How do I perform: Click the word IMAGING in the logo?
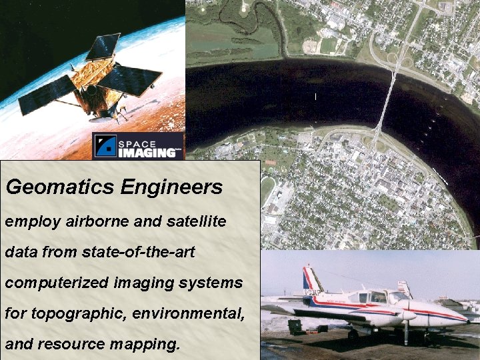pos(149,152)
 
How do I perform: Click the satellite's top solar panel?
pos(104,47)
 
